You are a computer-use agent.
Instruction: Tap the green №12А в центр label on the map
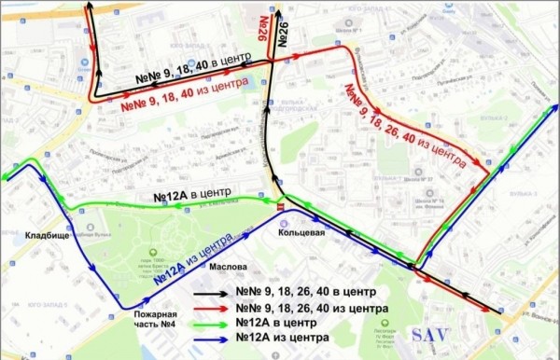pos(192,197)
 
